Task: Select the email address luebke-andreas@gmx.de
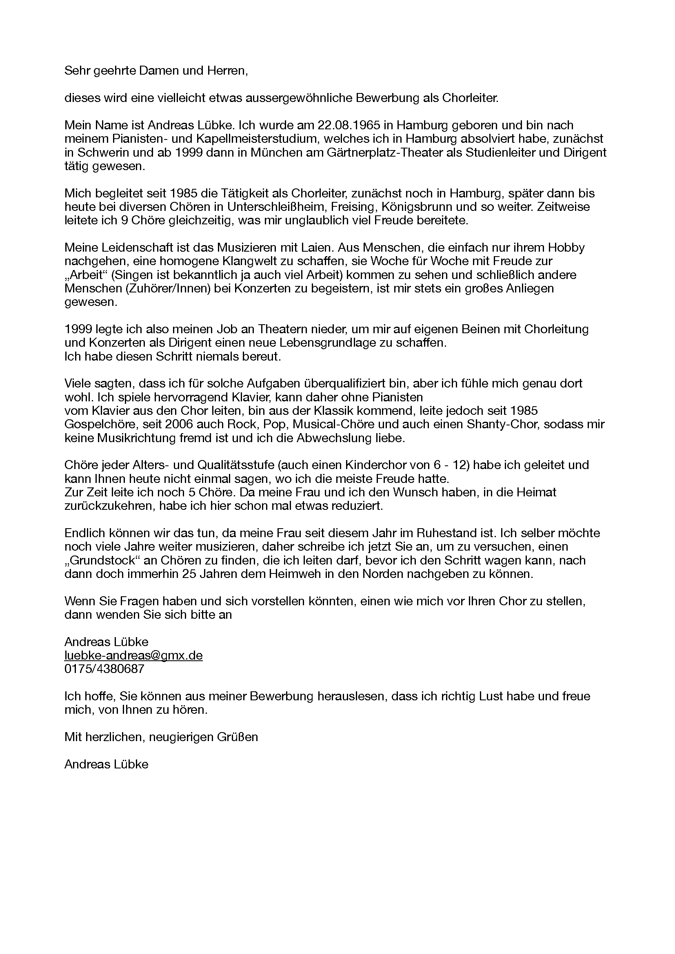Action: pos(133,655)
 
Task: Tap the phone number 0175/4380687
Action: pos(104,669)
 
